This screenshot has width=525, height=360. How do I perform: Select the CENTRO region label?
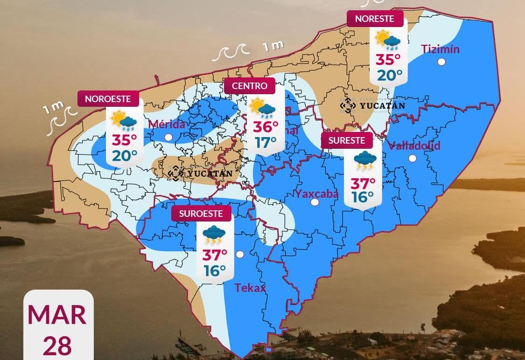(x=250, y=86)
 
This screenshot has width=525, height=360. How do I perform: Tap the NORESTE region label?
(x=375, y=19)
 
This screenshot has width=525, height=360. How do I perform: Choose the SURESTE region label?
(x=347, y=140)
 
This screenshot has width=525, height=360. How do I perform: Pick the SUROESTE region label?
(x=201, y=214)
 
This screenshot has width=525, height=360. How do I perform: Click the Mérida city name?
(x=167, y=124)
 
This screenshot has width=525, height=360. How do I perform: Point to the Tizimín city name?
(x=440, y=49)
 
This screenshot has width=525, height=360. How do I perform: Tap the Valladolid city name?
(x=414, y=145)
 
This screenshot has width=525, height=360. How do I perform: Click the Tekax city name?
(x=250, y=288)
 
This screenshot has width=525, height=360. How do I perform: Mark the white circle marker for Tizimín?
(x=441, y=62)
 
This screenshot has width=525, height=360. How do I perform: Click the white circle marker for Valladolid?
(x=413, y=159)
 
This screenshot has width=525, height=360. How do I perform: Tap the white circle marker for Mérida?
(x=168, y=137)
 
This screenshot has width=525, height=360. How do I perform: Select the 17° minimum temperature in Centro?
(x=266, y=142)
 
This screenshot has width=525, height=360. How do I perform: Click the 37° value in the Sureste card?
(x=363, y=183)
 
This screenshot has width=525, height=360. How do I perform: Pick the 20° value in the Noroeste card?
(x=124, y=155)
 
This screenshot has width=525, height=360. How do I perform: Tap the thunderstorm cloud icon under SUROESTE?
(x=214, y=235)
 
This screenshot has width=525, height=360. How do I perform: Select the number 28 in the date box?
(x=57, y=346)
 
